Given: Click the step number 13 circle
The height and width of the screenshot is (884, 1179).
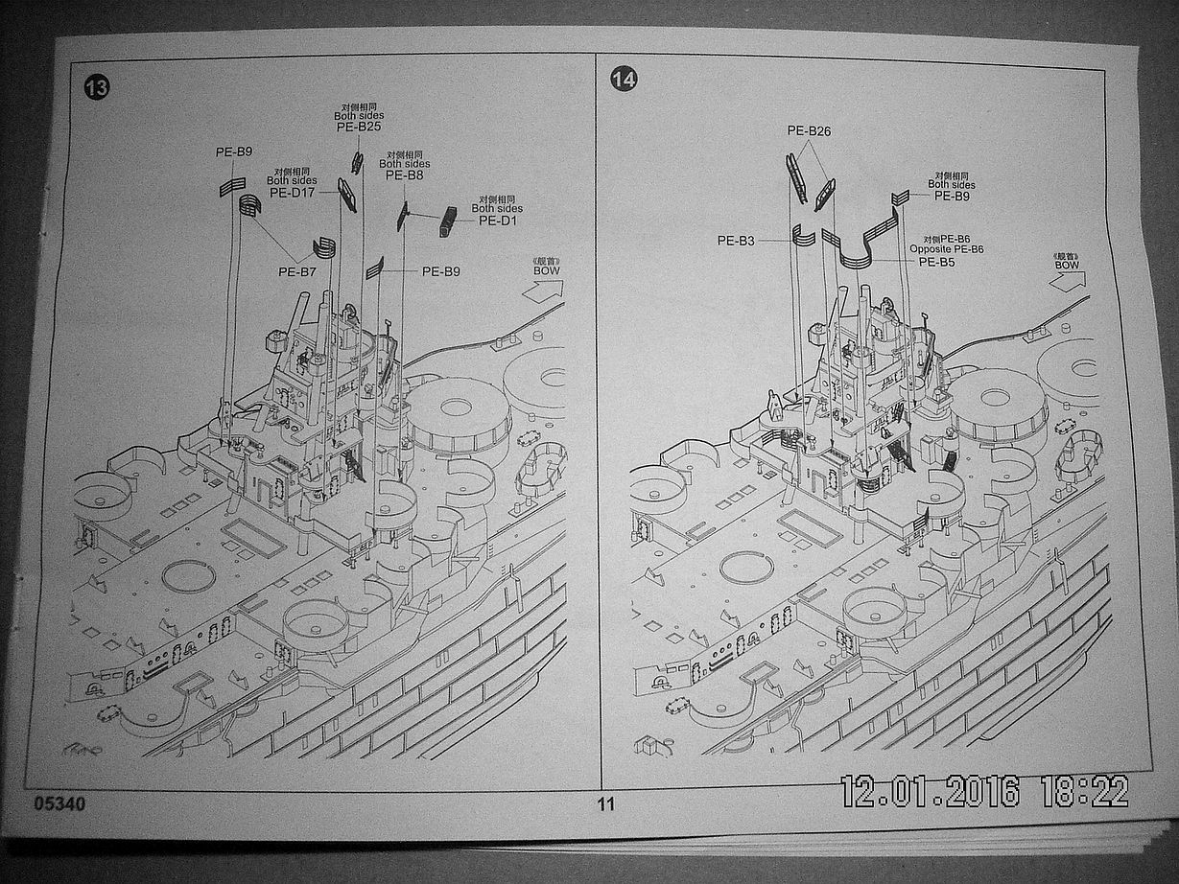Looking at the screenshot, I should (x=97, y=88).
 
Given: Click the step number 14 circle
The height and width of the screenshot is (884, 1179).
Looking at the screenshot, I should (x=623, y=80).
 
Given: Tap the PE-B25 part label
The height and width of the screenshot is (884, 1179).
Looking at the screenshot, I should (x=359, y=127).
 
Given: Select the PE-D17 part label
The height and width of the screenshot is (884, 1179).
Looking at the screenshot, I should (x=292, y=193).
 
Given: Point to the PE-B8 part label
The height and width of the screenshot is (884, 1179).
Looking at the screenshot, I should (x=404, y=175).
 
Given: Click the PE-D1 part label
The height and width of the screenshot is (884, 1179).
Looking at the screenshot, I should (x=497, y=221).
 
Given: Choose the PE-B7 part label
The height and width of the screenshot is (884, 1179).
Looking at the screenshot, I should (x=297, y=271).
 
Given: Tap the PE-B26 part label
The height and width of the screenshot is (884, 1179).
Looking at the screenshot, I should (x=808, y=130).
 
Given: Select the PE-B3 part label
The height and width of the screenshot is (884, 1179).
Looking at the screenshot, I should (x=736, y=241).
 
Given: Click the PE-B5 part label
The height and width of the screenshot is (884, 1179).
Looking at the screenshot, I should (x=936, y=261).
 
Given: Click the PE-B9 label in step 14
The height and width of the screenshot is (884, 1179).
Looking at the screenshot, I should (x=953, y=197).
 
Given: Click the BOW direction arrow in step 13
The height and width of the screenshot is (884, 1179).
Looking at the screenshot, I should (x=543, y=290).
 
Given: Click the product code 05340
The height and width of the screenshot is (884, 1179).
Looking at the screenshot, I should (x=59, y=803).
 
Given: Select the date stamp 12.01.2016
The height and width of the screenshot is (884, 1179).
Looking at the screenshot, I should (x=929, y=791).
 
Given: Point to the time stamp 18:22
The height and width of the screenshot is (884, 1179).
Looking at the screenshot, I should (x=1083, y=791).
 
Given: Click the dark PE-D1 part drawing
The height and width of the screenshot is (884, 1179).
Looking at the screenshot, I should (x=447, y=221).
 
